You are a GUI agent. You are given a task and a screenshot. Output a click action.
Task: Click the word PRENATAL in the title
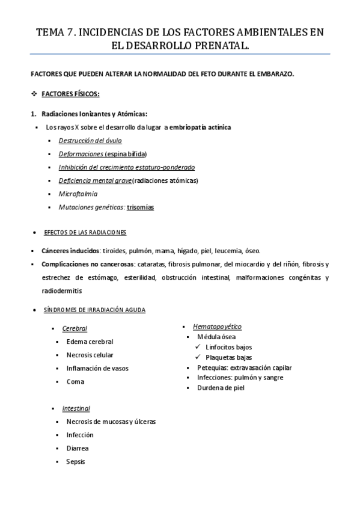click(x=217, y=45)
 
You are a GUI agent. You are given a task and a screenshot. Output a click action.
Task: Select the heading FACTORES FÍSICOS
click(x=70, y=94)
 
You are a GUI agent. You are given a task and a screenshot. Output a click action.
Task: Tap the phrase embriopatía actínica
click(x=200, y=127)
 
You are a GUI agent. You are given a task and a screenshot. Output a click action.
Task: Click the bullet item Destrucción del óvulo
click(x=90, y=140)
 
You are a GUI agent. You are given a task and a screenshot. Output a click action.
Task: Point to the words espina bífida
click(x=126, y=153)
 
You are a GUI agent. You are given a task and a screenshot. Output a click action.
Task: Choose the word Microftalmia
click(x=78, y=194)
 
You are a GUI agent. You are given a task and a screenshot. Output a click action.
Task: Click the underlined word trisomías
click(x=140, y=207)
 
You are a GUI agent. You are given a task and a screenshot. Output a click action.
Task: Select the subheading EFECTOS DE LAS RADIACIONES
click(x=85, y=233)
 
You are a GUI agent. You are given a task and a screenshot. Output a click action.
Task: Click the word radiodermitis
click(x=61, y=290)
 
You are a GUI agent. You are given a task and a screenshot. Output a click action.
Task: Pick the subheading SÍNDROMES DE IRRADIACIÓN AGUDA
click(x=94, y=310)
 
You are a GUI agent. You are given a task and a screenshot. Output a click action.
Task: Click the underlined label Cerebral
click(x=75, y=328)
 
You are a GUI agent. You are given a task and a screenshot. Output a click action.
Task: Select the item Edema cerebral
click(x=90, y=342)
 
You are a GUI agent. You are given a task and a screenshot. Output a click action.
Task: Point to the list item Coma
click(x=76, y=381)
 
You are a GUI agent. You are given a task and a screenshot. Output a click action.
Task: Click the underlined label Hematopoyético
click(x=217, y=326)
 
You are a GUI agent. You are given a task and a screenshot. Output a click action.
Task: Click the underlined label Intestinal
click(x=76, y=408)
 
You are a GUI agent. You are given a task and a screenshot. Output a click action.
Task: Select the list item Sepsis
click(x=76, y=461)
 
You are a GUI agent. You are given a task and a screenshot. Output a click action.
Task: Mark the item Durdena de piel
click(x=221, y=388)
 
